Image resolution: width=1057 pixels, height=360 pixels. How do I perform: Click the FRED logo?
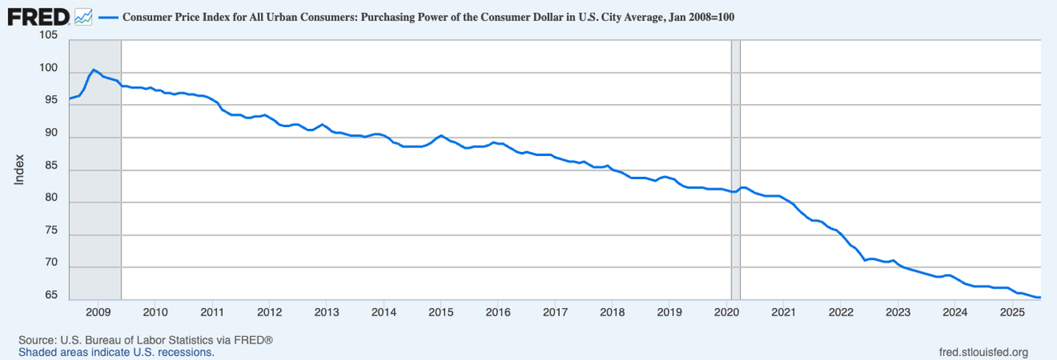pyautogui.click(x=37, y=16)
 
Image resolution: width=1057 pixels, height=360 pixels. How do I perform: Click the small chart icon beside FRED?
pyautogui.click(x=83, y=16)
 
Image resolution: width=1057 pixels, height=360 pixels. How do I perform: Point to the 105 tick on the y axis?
pyautogui.click(x=48, y=36)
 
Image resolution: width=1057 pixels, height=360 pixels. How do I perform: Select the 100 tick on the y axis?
pyautogui.click(x=48, y=69)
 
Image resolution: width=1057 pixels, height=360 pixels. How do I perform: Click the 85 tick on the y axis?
pyautogui.click(x=48, y=166)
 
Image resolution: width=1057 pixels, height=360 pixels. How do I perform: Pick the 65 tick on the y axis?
pyautogui.click(x=48, y=296)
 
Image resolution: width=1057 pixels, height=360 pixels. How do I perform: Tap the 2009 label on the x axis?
pyautogui.click(x=97, y=312)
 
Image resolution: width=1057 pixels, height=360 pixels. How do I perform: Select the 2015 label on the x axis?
pyautogui.click(x=441, y=312)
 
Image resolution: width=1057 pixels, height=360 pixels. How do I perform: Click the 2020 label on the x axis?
pyautogui.click(x=726, y=312)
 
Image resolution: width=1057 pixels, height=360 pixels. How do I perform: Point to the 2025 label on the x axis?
pyautogui.click(x=1012, y=312)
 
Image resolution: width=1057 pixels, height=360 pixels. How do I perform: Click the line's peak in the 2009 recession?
pyautogui.click(x=93, y=69)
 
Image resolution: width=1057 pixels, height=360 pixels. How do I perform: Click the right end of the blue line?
pyautogui.click(x=1040, y=297)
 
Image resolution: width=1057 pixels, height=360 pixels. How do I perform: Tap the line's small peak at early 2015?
pyautogui.click(x=441, y=135)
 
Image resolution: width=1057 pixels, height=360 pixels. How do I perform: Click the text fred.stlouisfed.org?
pyautogui.click(x=979, y=353)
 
